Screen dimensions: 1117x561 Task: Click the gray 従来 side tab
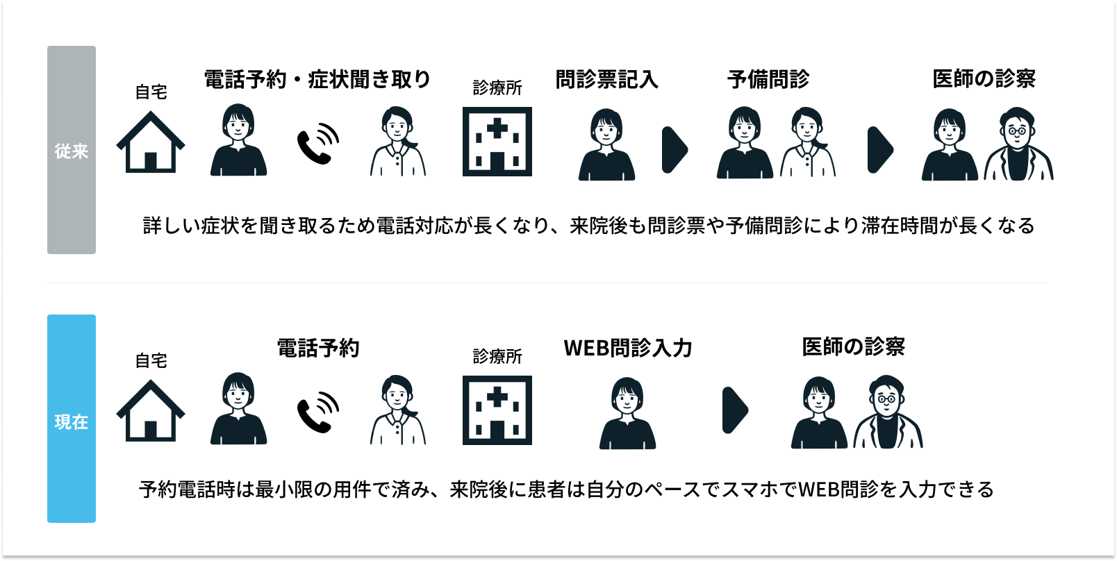(x=72, y=150)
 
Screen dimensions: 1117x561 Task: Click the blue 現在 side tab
(x=72, y=419)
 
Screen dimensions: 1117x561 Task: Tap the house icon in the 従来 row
(x=151, y=143)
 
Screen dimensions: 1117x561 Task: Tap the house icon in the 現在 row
(x=151, y=412)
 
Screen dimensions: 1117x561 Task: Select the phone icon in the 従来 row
(x=317, y=144)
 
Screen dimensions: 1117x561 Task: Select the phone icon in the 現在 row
(x=317, y=412)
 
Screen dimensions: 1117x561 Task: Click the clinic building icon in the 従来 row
(x=497, y=142)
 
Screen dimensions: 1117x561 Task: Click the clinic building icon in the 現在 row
(x=497, y=410)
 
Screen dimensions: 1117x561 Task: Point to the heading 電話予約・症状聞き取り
(x=317, y=80)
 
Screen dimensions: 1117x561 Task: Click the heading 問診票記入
(x=606, y=80)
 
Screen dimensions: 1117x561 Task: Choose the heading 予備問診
(x=768, y=80)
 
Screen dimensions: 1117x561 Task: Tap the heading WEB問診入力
(x=628, y=348)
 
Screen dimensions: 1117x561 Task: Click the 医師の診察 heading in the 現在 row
(x=853, y=347)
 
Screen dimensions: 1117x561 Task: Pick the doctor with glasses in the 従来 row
(x=1018, y=145)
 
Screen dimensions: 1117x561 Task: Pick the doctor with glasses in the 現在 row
(x=888, y=413)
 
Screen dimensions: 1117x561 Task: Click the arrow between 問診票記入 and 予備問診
(x=674, y=149)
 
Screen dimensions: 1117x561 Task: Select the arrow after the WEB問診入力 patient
(x=735, y=410)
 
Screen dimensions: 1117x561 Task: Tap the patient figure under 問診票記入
(x=606, y=146)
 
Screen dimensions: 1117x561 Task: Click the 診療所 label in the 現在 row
(x=497, y=357)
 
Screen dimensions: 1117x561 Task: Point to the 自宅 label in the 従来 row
(x=151, y=92)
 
